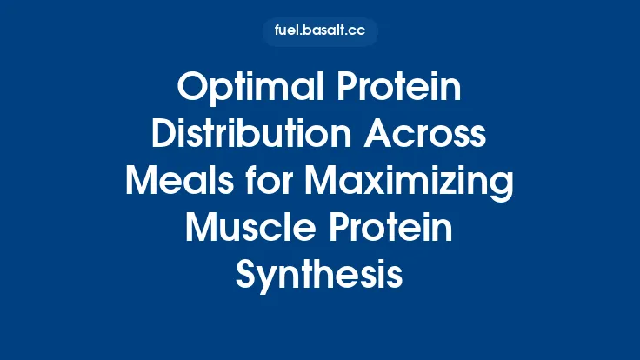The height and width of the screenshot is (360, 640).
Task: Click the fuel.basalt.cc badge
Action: click(x=320, y=32)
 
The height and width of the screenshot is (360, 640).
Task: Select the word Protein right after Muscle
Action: click(x=396, y=229)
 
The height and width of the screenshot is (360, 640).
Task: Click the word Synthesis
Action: click(x=320, y=276)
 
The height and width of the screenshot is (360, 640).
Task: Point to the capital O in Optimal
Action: click(x=192, y=88)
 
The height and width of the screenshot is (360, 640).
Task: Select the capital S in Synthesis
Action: click(x=247, y=276)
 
